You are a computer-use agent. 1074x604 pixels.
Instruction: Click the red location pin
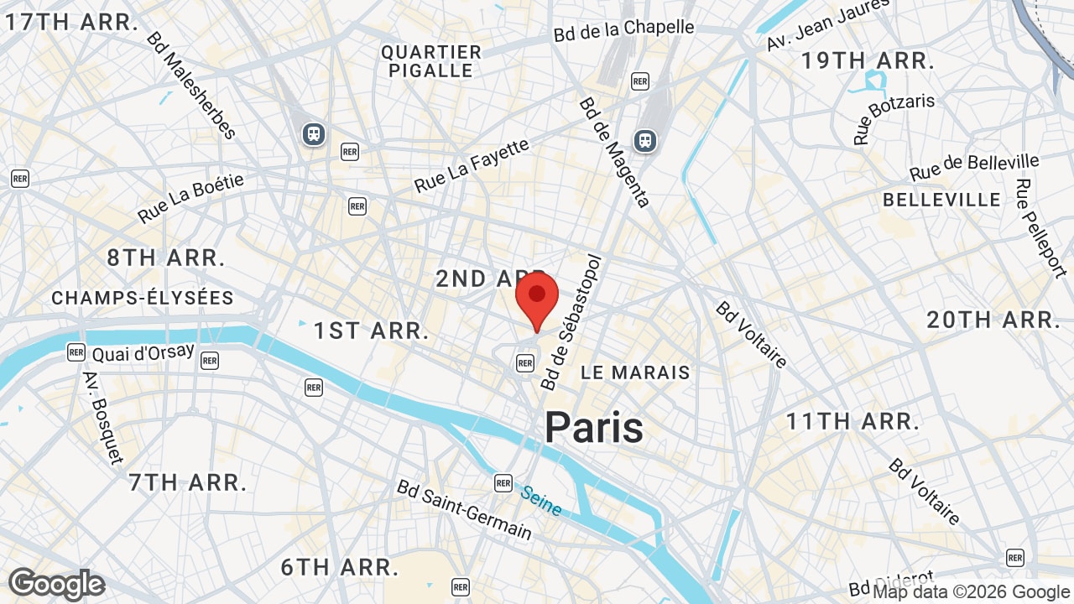pos(537,299)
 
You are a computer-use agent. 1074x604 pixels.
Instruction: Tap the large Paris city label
pos(594,428)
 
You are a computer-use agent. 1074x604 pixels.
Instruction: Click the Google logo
pos(56,584)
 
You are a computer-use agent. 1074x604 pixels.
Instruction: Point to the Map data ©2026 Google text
pos(972,592)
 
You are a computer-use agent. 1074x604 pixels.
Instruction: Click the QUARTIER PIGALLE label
pos(431,61)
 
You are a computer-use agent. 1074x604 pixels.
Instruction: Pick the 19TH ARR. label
pos(867,60)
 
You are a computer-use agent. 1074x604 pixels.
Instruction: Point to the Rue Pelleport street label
pos(1040,227)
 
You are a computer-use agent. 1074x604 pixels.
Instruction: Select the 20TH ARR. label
pos(994,320)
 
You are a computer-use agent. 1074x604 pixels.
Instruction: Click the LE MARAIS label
pos(635,372)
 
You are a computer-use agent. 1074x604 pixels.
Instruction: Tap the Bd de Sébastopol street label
pos(573,322)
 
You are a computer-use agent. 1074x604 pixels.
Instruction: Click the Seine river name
pos(540,501)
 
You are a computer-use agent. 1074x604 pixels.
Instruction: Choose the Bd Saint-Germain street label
pos(464,510)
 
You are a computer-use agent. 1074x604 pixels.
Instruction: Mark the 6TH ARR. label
pos(339,567)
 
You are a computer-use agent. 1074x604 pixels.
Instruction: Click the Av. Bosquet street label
pos(102,417)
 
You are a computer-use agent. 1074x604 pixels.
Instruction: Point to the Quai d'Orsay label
pos(143,354)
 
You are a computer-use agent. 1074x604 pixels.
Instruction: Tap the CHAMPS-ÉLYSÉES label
pos(143,298)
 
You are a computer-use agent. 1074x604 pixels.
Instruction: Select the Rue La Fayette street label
pos(472,165)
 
